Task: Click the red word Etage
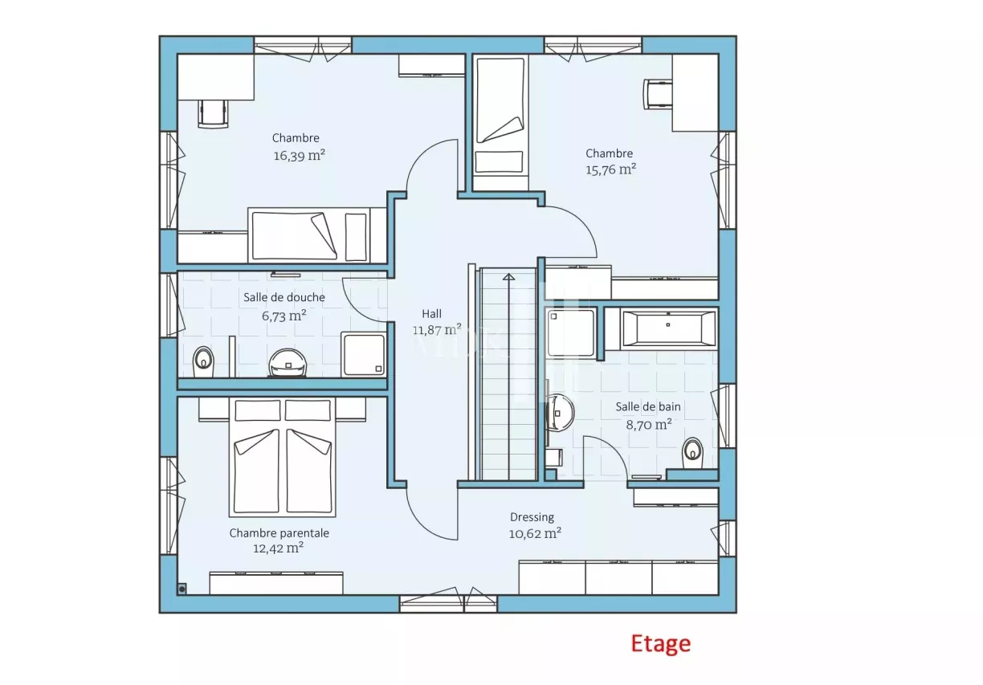pyautogui.click(x=660, y=644)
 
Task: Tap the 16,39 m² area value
pyautogui.click(x=300, y=155)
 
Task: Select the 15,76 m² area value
pyautogui.click(x=611, y=169)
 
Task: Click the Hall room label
pyautogui.click(x=432, y=314)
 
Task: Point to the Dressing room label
pyautogui.click(x=532, y=517)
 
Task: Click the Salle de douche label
pyautogui.click(x=284, y=297)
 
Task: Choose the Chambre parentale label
pyautogui.click(x=279, y=532)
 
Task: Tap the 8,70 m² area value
pyautogui.click(x=649, y=424)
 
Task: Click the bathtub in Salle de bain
pyautogui.click(x=668, y=328)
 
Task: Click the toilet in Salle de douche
pyautogui.click(x=202, y=362)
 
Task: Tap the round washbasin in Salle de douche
pyautogui.click(x=288, y=363)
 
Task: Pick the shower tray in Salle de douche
pyautogui.click(x=363, y=354)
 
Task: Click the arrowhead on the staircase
pyautogui.click(x=508, y=276)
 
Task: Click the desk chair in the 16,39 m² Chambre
pyautogui.click(x=214, y=114)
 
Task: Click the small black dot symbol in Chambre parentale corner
pyautogui.click(x=182, y=589)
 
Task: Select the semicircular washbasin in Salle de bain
pyautogui.click(x=560, y=413)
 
